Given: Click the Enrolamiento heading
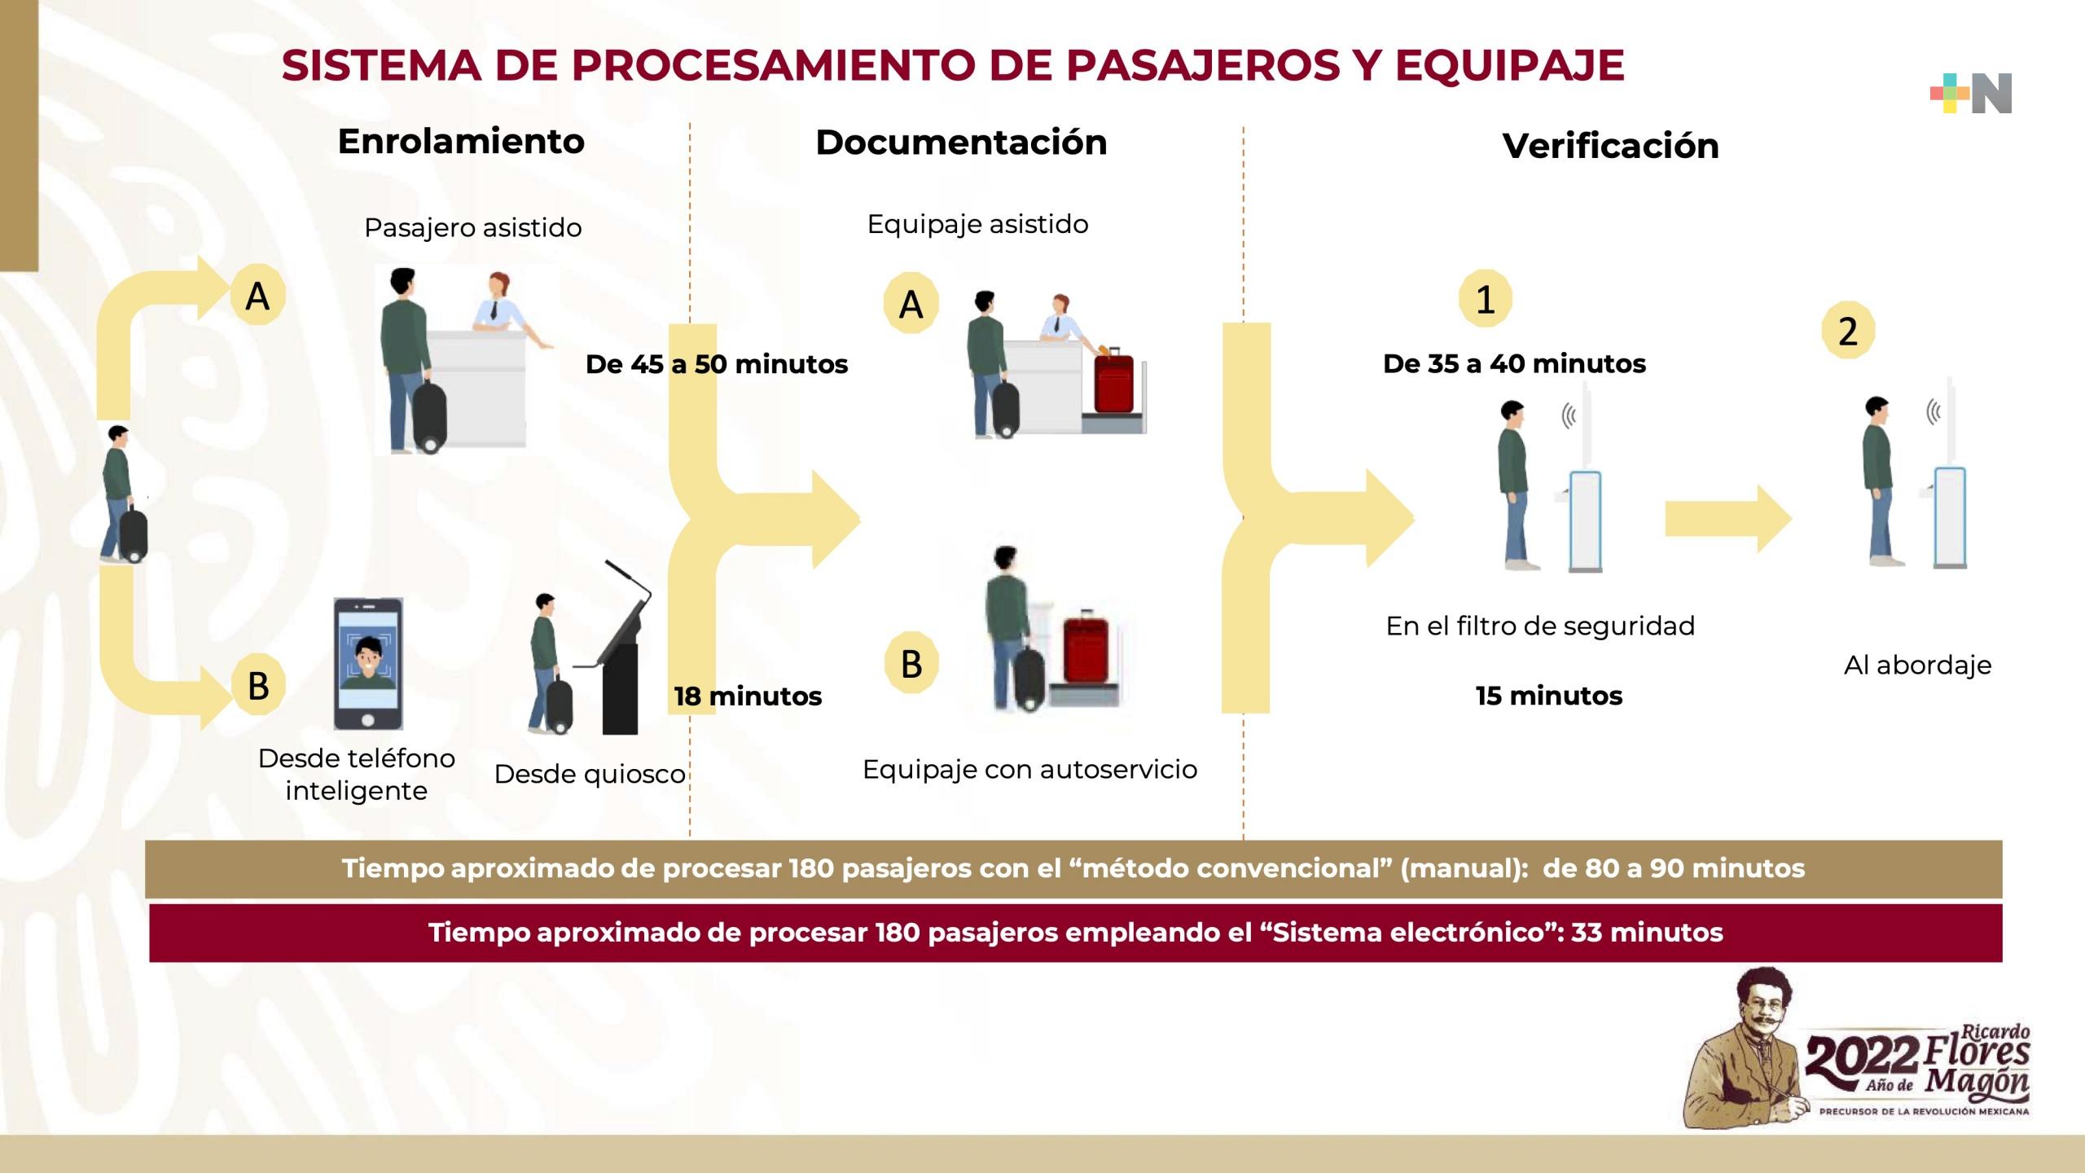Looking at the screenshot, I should click(461, 142).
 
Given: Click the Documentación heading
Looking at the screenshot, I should click(961, 143).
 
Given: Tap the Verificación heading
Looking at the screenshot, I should click(1610, 147).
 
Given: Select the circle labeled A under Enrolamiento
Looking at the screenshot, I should click(257, 296).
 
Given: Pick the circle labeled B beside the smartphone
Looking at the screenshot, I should click(258, 685).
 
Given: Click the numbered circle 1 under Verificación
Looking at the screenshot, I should click(1485, 300).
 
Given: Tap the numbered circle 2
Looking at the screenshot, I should click(1848, 332).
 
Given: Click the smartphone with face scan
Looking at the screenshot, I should click(368, 664).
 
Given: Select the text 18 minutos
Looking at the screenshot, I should click(748, 696).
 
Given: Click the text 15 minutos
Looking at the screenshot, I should click(1548, 696).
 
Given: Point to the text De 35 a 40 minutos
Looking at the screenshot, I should click(1514, 363).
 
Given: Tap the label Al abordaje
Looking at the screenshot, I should click(1917, 666).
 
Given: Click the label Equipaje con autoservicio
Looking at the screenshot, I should click(1029, 769).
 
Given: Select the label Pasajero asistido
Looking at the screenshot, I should click(472, 228).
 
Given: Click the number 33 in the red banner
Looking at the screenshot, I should click(1587, 933).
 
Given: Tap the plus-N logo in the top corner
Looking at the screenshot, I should click(1971, 94).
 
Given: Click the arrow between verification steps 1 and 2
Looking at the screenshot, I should click(1727, 519).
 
